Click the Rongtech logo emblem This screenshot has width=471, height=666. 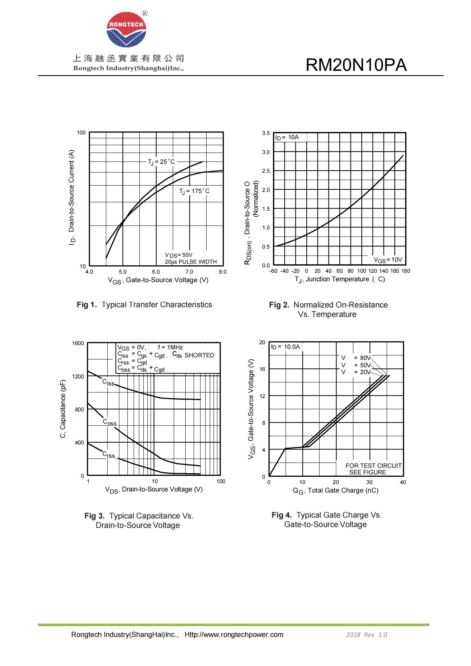(x=126, y=30)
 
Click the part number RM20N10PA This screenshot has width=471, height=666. (x=356, y=65)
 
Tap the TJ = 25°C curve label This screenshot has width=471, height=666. (x=161, y=162)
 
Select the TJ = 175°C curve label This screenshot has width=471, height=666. (x=194, y=191)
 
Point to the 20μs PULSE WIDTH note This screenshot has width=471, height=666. (x=191, y=262)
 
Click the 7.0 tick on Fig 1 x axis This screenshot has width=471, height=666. (x=189, y=272)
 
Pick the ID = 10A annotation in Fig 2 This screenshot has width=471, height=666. (x=287, y=137)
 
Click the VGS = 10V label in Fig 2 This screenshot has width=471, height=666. (x=388, y=260)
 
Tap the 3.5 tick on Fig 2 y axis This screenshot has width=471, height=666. (x=266, y=133)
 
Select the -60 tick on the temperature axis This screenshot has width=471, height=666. (x=273, y=271)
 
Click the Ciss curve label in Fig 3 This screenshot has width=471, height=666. (x=108, y=382)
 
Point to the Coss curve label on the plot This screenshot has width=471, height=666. (x=109, y=422)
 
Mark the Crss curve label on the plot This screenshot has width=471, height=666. (x=108, y=454)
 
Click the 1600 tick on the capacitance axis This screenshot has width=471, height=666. (x=78, y=343)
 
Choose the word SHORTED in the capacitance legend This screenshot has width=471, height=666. (x=199, y=355)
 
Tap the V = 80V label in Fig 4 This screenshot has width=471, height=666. (x=356, y=358)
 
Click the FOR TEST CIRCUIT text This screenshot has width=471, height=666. (x=373, y=465)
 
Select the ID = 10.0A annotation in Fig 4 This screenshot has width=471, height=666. (x=285, y=347)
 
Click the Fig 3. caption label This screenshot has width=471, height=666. (x=94, y=516)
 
